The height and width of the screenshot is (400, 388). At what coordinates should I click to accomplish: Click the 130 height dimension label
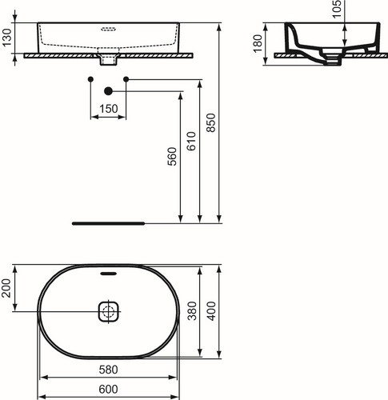pyautogui.click(x=7, y=38)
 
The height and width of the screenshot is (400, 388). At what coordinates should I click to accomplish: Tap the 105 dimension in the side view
pyautogui.click(x=337, y=9)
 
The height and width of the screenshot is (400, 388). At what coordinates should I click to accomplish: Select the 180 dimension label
pyautogui.click(x=258, y=44)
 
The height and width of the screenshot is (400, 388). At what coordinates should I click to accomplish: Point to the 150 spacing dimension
pyautogui.click(x=109, y=109)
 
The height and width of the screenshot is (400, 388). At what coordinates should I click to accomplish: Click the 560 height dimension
pyautogui.click(x=172, y=156)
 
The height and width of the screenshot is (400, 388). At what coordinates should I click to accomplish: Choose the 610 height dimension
pyautogui.click(x=191, y=142)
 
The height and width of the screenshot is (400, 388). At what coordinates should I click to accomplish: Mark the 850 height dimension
pyautogui.click(x=210, y=122)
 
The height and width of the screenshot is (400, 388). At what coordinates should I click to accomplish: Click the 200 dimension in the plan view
pyautogui.click(x=6, y=288)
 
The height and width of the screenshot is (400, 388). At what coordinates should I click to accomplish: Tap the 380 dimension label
pyautogui.click(x=192, y=310)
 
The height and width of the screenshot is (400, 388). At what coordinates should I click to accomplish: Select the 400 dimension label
pyautogui.click(x=211, y=311)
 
